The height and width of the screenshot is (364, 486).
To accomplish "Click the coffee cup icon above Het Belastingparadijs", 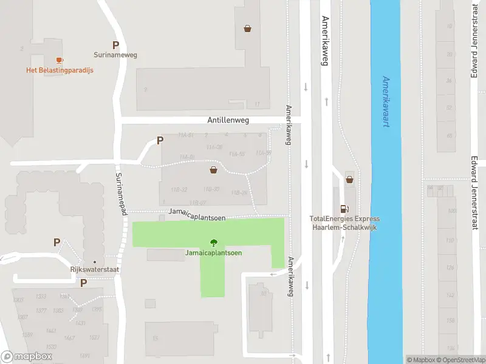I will coord(59,60).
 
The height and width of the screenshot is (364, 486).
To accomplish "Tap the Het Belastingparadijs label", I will coord(60,70).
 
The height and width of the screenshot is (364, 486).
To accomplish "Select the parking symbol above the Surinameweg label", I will coord(115,45).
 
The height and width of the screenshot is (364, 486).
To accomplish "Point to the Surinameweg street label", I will coord(115,55).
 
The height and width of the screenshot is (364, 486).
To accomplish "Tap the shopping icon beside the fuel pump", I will coord(350,178).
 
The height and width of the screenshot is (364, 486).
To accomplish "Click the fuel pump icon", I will coord(345,207).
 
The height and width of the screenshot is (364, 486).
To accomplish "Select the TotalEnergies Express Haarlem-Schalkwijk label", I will coord(344,223).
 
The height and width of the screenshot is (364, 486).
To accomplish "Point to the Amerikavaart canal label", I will coord(386,101).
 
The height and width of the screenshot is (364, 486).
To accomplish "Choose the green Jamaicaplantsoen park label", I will coord(213,252).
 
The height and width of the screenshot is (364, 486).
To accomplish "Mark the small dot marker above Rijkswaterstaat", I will coord(95,262).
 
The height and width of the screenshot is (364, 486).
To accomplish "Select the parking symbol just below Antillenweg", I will coord(160,141).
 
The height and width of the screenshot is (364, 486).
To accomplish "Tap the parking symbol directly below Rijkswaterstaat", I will coord(84,283).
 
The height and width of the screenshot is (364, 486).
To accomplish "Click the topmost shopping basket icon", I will coord(248,28).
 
